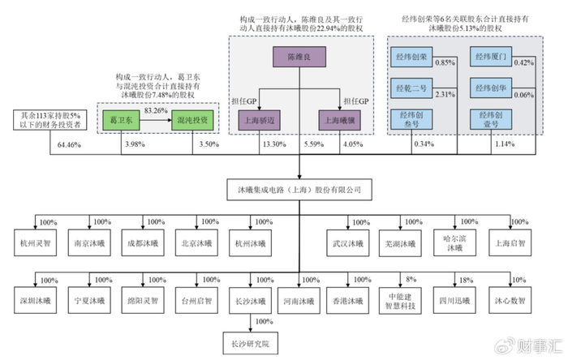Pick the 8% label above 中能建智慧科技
(x=411, y=279)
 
